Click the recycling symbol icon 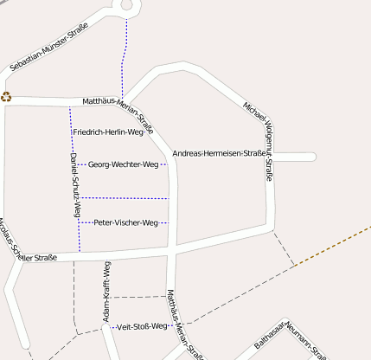(6, 97)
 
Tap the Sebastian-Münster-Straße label (49, 54)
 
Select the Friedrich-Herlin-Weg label (108, 132)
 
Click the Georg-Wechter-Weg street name (123, 164)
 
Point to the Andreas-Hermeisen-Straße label (220, 154)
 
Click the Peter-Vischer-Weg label (125, 222)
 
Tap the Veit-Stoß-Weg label (139, 326)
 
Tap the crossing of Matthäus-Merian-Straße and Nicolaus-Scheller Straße (176, 247)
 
